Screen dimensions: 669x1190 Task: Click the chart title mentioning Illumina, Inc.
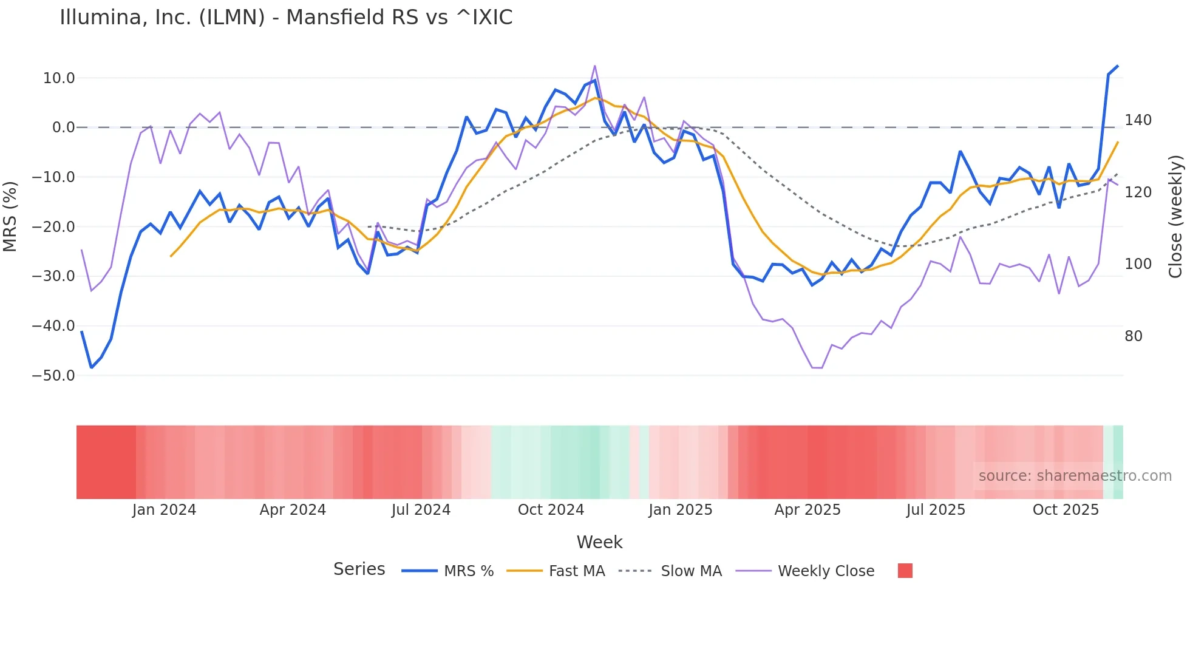click(x=286, y=18)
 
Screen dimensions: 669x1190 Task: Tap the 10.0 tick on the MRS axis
click(x=59, y=78)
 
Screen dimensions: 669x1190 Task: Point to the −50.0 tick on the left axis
click(x=53, y=376)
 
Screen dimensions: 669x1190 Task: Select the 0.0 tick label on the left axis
click(x=63, y=127)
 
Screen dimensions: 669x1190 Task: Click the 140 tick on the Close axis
click(x=1138, y=120)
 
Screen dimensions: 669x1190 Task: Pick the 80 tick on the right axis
click(x=1133, y=336)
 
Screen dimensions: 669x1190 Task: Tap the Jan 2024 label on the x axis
click(x=164, y=510)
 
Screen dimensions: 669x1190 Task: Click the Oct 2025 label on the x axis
click(x=1066, y=510)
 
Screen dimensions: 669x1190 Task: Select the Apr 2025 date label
click(x=807, y=510)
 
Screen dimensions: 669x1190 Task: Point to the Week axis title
click(x=599, y=542)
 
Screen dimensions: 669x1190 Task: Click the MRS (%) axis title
click(x=10, y=216)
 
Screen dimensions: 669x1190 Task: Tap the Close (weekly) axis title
click(x=1175, y=216)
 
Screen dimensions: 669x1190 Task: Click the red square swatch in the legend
click(x=905, y=571)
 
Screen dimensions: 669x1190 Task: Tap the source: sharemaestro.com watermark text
click(x=1075, y=476)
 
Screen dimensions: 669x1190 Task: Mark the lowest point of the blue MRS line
click(x=92, y=367)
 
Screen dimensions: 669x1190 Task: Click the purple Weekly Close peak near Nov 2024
click(x=594, y=66)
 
